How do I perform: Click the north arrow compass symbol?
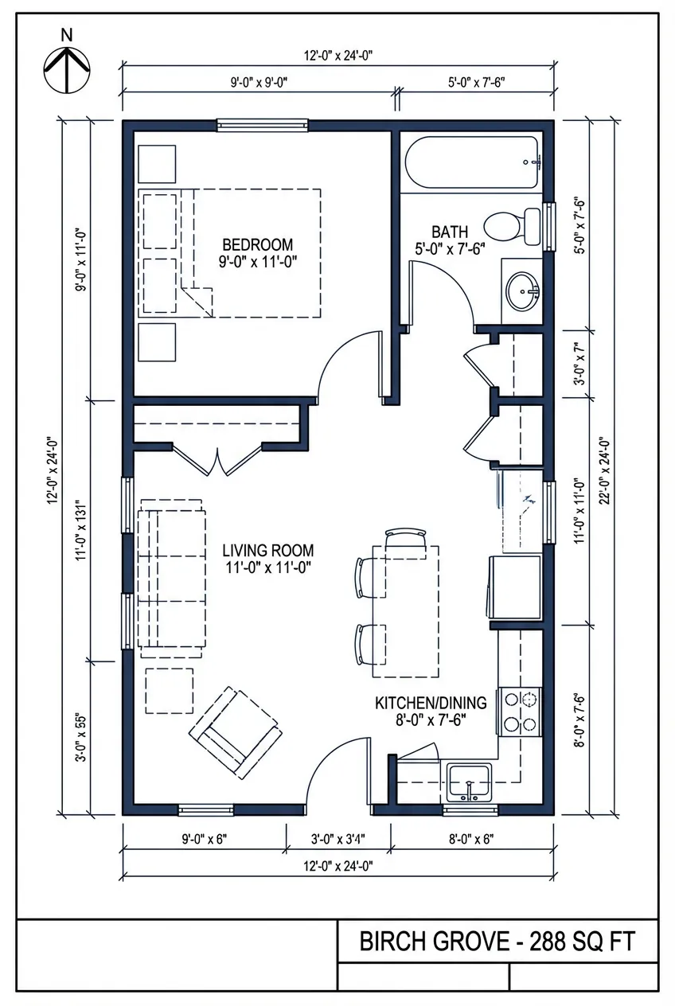[67, 67]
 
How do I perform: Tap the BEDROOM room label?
[257, 244]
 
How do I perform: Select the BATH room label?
[450, 232]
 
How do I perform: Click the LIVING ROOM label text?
[267, 550]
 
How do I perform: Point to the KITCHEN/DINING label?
[431, 703]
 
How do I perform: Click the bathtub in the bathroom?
[473, 163]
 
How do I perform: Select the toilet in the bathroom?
[511, 225]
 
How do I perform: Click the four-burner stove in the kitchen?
[520, 712]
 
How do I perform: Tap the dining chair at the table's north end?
[404, 538]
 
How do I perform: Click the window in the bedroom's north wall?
[263, 124]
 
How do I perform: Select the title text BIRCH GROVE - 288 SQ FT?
[497, 942]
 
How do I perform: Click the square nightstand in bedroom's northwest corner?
[157, 164]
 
